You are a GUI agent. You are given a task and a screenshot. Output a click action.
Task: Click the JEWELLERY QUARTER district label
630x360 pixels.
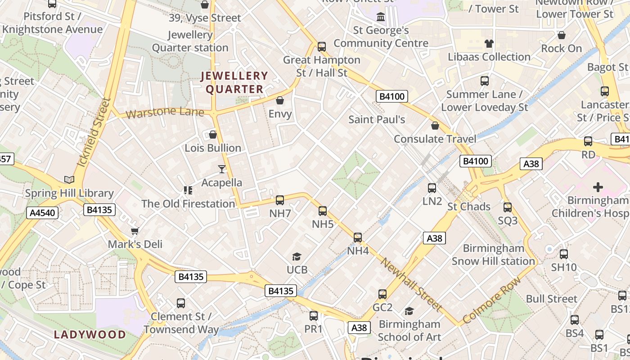click(x=234, y=82)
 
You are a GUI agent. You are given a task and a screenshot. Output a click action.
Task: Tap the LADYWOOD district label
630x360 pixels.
click(x=90, y=334)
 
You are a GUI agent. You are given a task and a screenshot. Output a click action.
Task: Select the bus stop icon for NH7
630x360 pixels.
click(x=280, y=200)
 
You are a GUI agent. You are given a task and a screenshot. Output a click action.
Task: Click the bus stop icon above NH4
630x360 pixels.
click(x=358, y=237)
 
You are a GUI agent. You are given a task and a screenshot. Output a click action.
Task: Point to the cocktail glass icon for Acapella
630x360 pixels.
click(x=222, y=169)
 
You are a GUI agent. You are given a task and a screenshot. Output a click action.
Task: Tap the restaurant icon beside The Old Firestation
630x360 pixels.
click(x=188, y=190)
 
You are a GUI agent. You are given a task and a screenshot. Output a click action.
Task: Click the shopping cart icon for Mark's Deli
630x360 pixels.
click(x=135, y=231)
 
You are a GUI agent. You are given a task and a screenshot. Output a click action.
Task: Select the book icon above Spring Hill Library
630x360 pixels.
click(x=69, y=180)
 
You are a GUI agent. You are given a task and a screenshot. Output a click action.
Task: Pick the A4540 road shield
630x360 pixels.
click(x=43, y=213)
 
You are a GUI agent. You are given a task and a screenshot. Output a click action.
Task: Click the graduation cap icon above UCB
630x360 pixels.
click(x=297, y=256)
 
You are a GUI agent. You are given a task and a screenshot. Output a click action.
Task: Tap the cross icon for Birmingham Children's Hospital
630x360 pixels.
click(x=598, y=187)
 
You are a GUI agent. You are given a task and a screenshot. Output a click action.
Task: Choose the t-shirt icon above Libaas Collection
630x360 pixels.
click(x=489, y=44)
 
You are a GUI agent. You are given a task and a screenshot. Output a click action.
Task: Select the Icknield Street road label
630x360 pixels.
click(x=94, y=133)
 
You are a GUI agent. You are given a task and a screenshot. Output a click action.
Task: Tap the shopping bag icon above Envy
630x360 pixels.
click(x=280, y=100)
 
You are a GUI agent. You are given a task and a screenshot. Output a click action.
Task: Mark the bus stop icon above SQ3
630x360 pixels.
click(x=508, y=207)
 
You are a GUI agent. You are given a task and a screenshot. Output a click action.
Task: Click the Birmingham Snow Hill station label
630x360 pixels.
click(x=493, y=255)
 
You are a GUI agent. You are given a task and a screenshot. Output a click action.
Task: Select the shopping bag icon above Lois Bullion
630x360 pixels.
click(x=213, y=135)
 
